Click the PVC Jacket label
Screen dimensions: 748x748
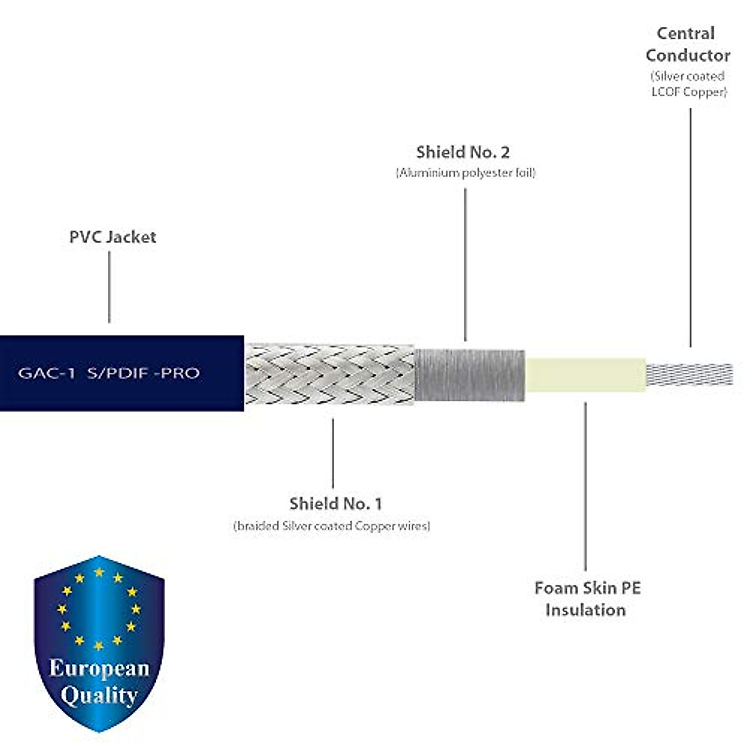coord(112,237)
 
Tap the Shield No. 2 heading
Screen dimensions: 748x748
coord(463,152)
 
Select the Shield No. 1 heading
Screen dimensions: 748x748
coord(335,503)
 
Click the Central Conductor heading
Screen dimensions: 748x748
coord(687,44)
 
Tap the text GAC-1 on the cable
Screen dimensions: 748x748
coord(47,373)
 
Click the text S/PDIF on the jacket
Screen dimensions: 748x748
coord(118,373)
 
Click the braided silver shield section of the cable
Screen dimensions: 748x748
coord(329,373)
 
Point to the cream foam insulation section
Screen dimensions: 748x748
coord(585,374)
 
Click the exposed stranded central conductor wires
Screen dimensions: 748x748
coord(689,373)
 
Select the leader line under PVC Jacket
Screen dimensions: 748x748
coord(109,287)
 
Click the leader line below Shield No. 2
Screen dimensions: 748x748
coord(465,265)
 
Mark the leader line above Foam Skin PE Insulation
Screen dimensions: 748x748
coord(585,486)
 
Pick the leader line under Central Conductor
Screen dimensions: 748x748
coord(690,228)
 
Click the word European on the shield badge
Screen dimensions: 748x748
coord(99,668)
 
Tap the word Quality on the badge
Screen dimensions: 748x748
coord(99,695)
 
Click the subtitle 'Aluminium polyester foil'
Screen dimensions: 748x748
coord(466,173)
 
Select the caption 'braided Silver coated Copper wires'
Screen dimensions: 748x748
coord(332,525)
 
